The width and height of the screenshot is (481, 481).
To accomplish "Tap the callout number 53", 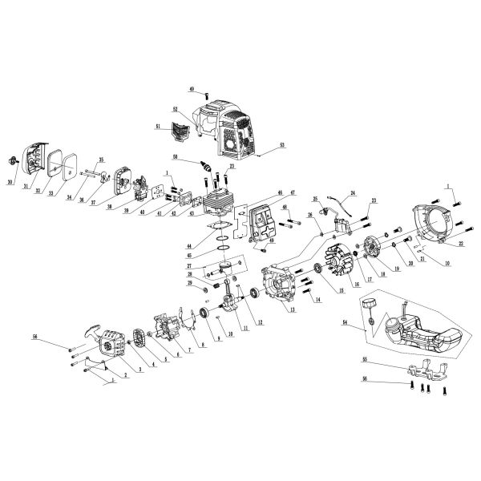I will tap(282, 147).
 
